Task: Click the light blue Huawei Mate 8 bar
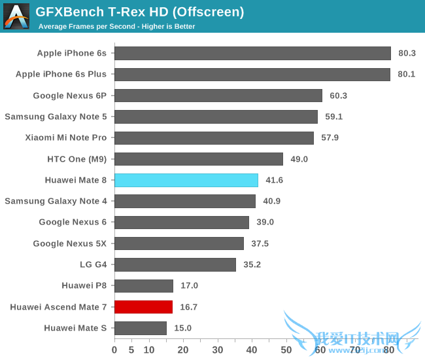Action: [186, 180]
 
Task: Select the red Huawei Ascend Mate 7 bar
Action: [144, 306]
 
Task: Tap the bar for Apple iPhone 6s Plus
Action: [252, 74]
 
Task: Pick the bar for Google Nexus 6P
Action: [218, 96]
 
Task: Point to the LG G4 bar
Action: [175, 264]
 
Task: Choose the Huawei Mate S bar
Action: [141, 328]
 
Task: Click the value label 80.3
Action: [408, 53]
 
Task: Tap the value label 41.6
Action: [274, 180]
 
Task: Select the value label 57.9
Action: [330, 137]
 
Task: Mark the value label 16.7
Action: [188, 306]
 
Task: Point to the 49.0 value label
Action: [299, 159]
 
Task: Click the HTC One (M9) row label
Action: [76, 159]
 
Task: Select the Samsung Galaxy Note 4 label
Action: [56, 201]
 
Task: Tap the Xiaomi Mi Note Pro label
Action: [65, 137]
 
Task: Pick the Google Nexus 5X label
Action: [70, 243]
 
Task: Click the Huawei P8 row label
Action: [84, 285]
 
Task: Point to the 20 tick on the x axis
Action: [183, 350]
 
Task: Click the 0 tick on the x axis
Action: [115, 350]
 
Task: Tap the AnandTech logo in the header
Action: [16, 16]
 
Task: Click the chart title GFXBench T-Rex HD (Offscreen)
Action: [140, 12]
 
